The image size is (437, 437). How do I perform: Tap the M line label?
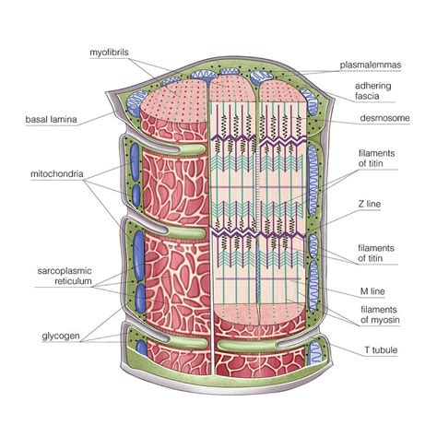[373, 289]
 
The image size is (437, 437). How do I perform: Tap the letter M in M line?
[363, 289]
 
